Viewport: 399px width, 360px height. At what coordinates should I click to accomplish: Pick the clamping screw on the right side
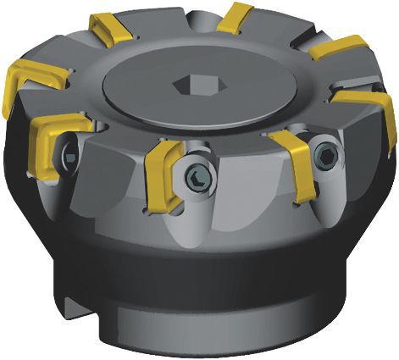click(326, 154)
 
